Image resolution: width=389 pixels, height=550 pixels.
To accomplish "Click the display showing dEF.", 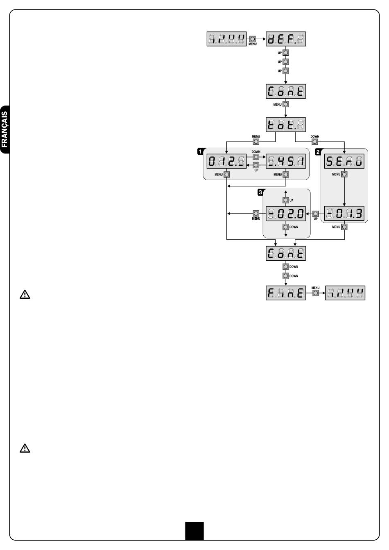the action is (x=286, y=39).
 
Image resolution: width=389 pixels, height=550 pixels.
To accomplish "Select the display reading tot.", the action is (x=286, y=124).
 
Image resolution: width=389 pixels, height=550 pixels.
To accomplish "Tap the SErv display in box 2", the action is (x=344, y=162).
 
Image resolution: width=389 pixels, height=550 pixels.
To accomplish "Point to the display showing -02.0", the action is (x=286, y=213).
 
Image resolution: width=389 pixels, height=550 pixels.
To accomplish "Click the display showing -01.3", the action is (x=344, y=213).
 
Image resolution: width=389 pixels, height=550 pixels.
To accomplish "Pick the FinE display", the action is (x=286, y=293).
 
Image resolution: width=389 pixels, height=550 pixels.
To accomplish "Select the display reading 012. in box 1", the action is (x=226, y=162).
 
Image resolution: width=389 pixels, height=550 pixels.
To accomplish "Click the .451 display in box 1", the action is (x=286, y=162).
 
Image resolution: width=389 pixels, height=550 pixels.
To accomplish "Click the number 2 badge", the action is (x=318, y=151).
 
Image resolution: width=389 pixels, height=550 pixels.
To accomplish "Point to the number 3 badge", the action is (x=260, y=192).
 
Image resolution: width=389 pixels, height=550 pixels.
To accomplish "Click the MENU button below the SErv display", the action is (x=344, y=174).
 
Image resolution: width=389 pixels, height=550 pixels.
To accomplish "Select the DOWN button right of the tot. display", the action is (x=315, y=142).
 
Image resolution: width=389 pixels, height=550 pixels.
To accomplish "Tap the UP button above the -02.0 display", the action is (x=286, y=200).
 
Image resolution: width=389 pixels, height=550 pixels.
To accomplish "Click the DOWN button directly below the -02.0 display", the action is (x=286, y=227).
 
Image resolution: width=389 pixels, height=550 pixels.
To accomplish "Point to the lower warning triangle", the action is (x=25, y=449).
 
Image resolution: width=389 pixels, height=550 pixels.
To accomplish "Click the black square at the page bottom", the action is (x=194, y=530).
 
